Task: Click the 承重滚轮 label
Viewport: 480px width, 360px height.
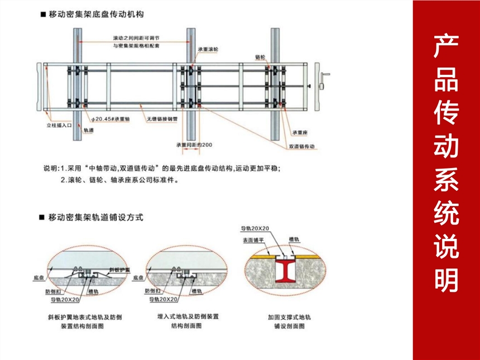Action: click(x=208, y=50)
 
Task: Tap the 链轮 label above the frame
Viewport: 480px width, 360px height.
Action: click(x=260, y=57)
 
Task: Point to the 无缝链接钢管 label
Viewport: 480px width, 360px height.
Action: click(x=162, y=119)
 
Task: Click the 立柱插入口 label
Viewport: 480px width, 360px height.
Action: click(x=59, y=126)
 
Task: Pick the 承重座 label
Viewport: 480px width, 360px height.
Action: click(x=299, y=133)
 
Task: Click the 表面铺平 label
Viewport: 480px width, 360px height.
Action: click(x=253, y=239)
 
